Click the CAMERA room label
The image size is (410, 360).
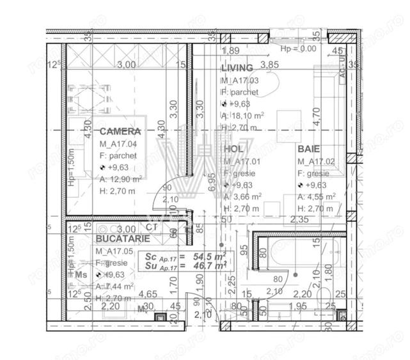point(120,131)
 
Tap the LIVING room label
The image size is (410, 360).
point(237,68)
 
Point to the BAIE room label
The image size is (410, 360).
point(309,148)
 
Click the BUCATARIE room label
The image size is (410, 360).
point(123,238)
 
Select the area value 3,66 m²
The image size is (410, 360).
point(244,196)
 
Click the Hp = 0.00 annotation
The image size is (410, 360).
point(299,48)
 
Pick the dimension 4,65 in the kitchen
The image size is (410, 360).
point(148,293)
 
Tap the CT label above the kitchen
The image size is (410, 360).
point(152,227)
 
